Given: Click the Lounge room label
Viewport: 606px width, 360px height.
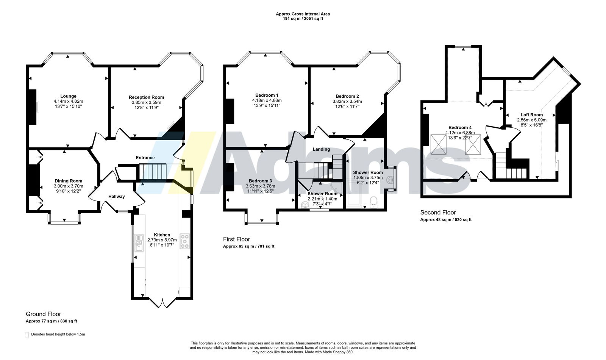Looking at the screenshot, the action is (x=68, y=96).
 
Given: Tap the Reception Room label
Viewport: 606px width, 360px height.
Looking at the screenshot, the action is (x=146, y=97).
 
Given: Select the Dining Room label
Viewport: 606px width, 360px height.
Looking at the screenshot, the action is (x=69, y=181).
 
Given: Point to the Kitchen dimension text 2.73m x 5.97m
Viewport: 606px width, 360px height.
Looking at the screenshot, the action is (x=162, y=240).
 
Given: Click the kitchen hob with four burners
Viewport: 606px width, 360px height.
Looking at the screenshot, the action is (x=185, y=241).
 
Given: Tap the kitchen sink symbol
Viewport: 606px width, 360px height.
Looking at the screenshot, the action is (x=139, y=243).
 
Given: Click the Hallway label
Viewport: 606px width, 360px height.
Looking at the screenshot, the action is (x=117, y=197).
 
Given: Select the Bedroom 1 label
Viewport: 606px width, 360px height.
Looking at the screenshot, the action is (x=267, y=95).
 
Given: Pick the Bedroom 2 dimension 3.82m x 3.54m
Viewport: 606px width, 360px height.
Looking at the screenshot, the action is (x=347, y=102).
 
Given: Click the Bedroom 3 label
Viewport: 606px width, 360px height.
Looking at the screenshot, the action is (x=261, y=181).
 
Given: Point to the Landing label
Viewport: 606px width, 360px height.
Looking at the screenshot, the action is (x=322, y=149).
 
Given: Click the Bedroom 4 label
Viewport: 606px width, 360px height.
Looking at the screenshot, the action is (x=460, y=127).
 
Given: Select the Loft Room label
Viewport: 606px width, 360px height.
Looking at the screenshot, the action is (x=532, y=115).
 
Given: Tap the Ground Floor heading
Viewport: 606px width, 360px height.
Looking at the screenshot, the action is (x=43, y=314).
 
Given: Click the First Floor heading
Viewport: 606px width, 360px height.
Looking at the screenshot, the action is (x=236, y=239).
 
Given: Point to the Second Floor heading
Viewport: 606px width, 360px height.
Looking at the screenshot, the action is (x=438, y=213).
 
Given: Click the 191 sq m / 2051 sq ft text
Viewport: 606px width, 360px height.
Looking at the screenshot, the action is (x=303, y=19).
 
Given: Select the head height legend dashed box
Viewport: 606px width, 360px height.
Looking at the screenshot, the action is (x=27, y=335).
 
